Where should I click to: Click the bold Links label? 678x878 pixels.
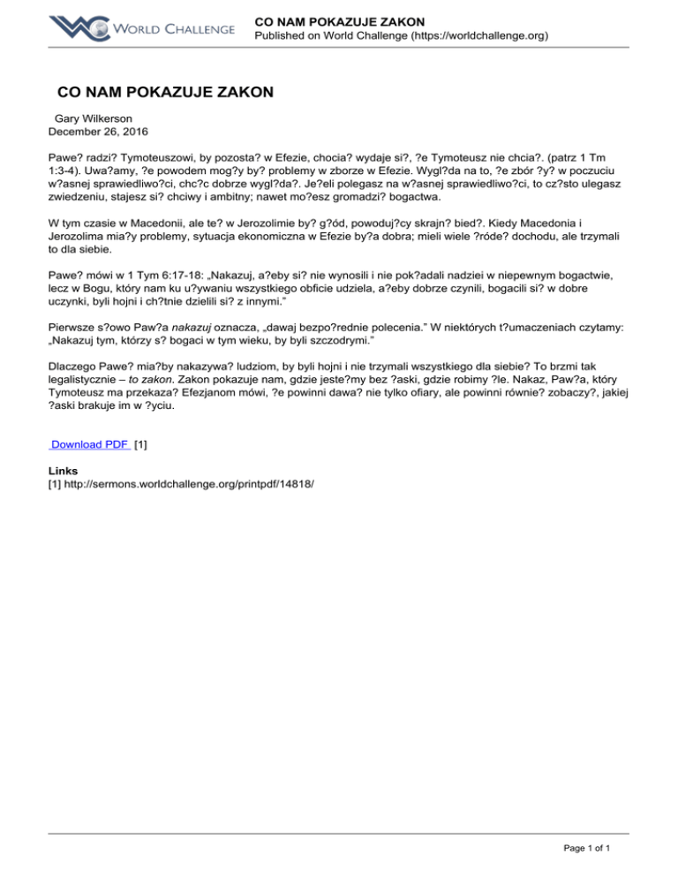(64, 471)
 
